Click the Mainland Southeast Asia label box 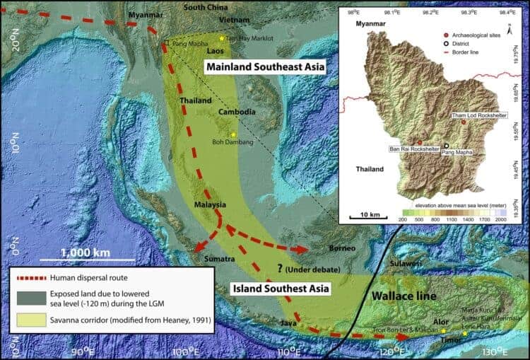(264, 67)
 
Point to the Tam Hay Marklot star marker (222, 38)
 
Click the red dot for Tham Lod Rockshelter (464, 122)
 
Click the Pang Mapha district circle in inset (446, 145)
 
